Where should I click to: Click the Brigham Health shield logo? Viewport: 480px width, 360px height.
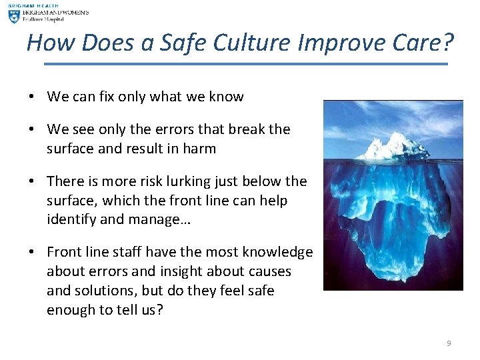13,15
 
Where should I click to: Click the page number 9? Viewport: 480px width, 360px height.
449,343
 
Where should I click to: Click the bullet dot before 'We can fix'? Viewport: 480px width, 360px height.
31,97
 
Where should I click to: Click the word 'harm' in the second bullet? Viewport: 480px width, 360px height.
199,149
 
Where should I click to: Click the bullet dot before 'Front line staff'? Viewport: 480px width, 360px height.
31,253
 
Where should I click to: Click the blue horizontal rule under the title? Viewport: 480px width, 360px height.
246,64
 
